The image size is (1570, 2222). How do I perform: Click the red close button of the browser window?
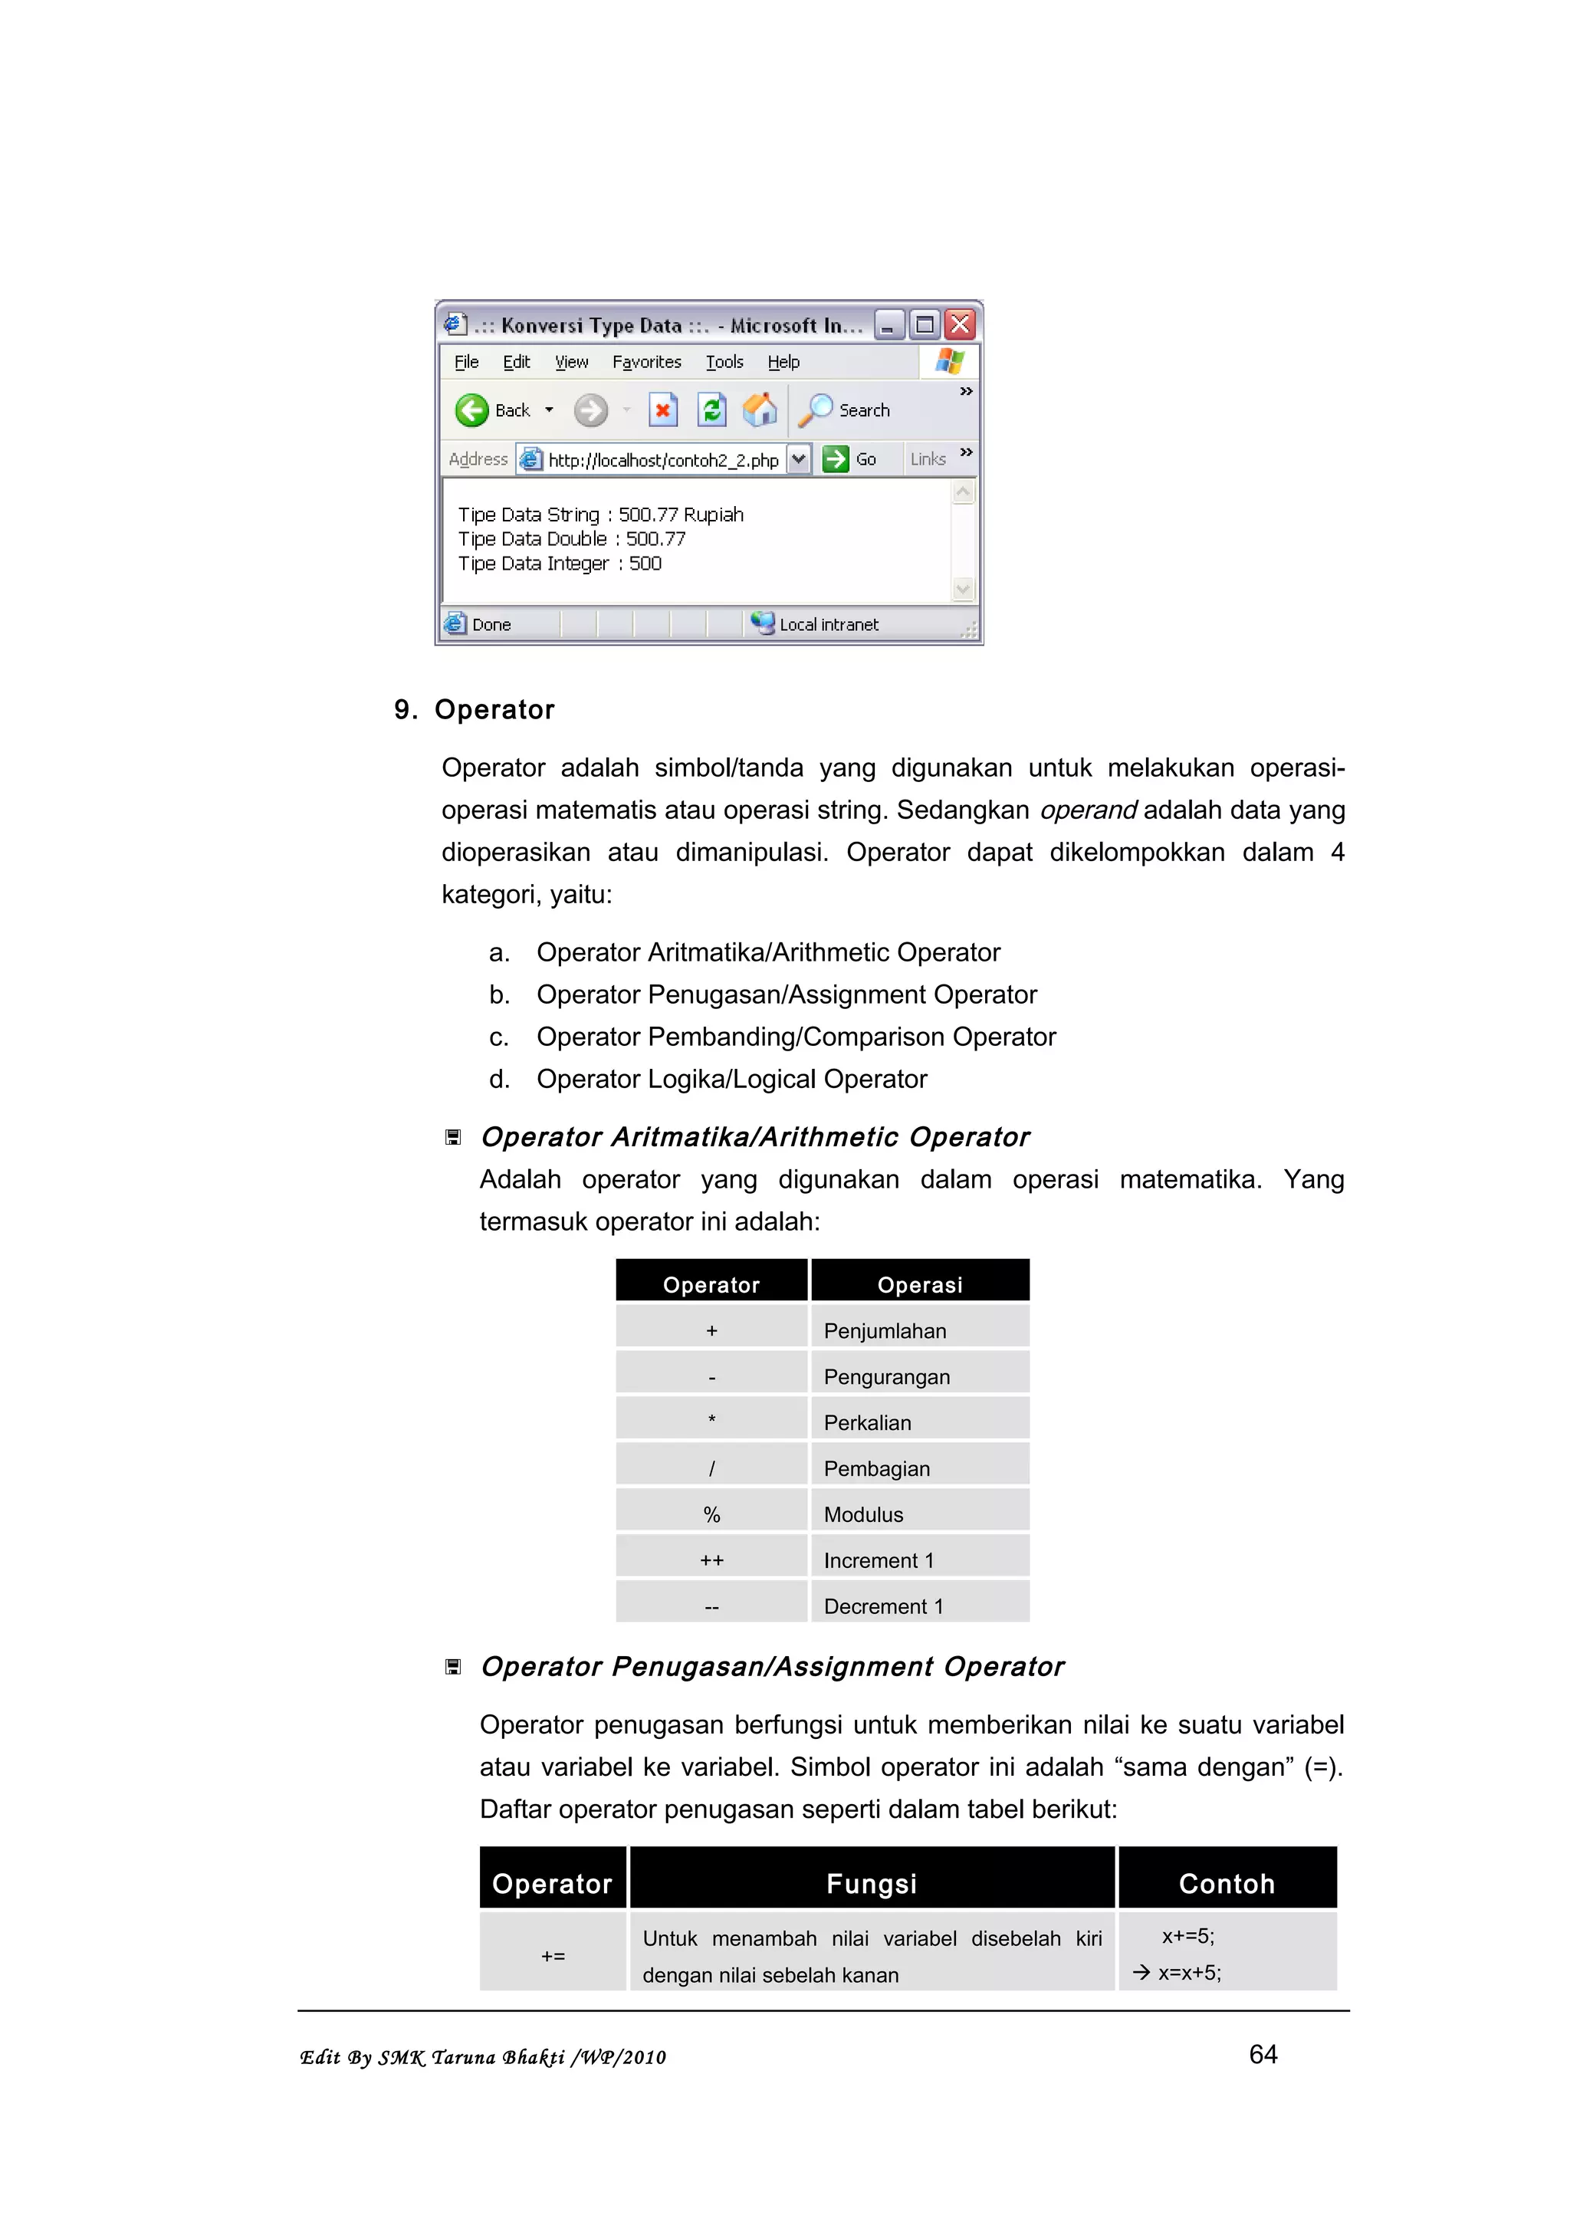(960, 324)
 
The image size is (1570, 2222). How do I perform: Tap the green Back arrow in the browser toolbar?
(472, 410)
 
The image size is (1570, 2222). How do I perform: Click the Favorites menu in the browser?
(646, 362)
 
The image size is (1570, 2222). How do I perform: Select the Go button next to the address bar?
(849, 459)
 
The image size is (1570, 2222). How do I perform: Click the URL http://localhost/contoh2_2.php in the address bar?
(662, 461)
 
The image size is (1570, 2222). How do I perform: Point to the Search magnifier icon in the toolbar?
(816, 410)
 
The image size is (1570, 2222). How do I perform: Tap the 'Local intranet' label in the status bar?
(828, 624)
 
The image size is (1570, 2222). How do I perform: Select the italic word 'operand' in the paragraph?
(1089, 810)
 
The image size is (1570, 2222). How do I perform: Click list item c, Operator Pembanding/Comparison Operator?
(795, 1037)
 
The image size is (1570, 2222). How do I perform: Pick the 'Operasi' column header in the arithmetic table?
(919, 1284)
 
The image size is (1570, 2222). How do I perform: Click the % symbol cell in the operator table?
(712, 1514)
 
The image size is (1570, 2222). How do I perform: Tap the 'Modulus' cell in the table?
(863, 1514)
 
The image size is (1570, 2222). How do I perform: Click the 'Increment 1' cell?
(879, 1560)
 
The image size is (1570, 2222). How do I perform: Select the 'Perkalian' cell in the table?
(867, 1422)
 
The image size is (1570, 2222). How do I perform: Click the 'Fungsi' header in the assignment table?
(871, 1883)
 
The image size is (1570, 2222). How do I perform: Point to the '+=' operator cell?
(553, 1956)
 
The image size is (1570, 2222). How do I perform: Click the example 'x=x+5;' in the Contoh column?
(1189, 1972)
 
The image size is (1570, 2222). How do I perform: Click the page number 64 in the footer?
(1263, 2053)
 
